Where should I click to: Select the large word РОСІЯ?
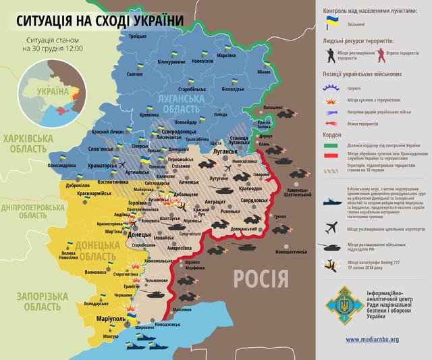[x=261, y=277]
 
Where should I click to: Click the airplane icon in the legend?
[x=333, y=228]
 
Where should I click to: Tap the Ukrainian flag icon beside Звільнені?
[x=333, y=22]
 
